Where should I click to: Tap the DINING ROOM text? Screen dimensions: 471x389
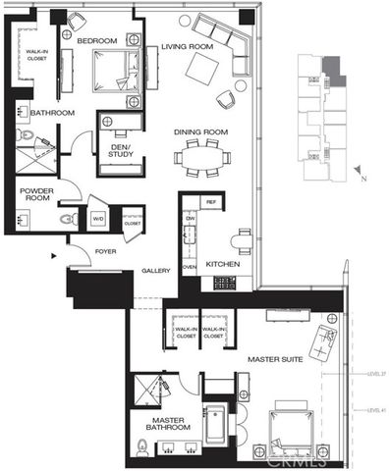(201, 132)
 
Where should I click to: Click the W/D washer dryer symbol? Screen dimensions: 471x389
(99, 218)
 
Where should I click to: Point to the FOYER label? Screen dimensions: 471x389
(106, 251)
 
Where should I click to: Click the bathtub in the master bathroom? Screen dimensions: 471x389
(215, 428)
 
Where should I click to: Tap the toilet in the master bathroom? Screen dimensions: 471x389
(143, 450)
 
